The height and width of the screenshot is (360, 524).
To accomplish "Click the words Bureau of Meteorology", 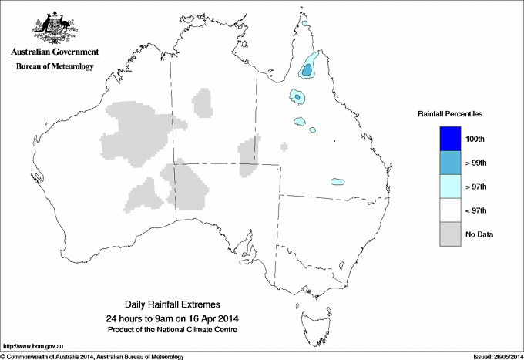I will tap(55, 66).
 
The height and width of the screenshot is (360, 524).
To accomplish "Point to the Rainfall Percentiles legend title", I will tap(450, 114).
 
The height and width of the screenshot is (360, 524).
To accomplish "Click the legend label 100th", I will tap(475, 139).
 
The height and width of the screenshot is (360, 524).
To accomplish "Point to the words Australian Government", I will tap(55, 52).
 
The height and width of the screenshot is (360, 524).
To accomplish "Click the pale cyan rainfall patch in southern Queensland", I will tap(337, 182).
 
